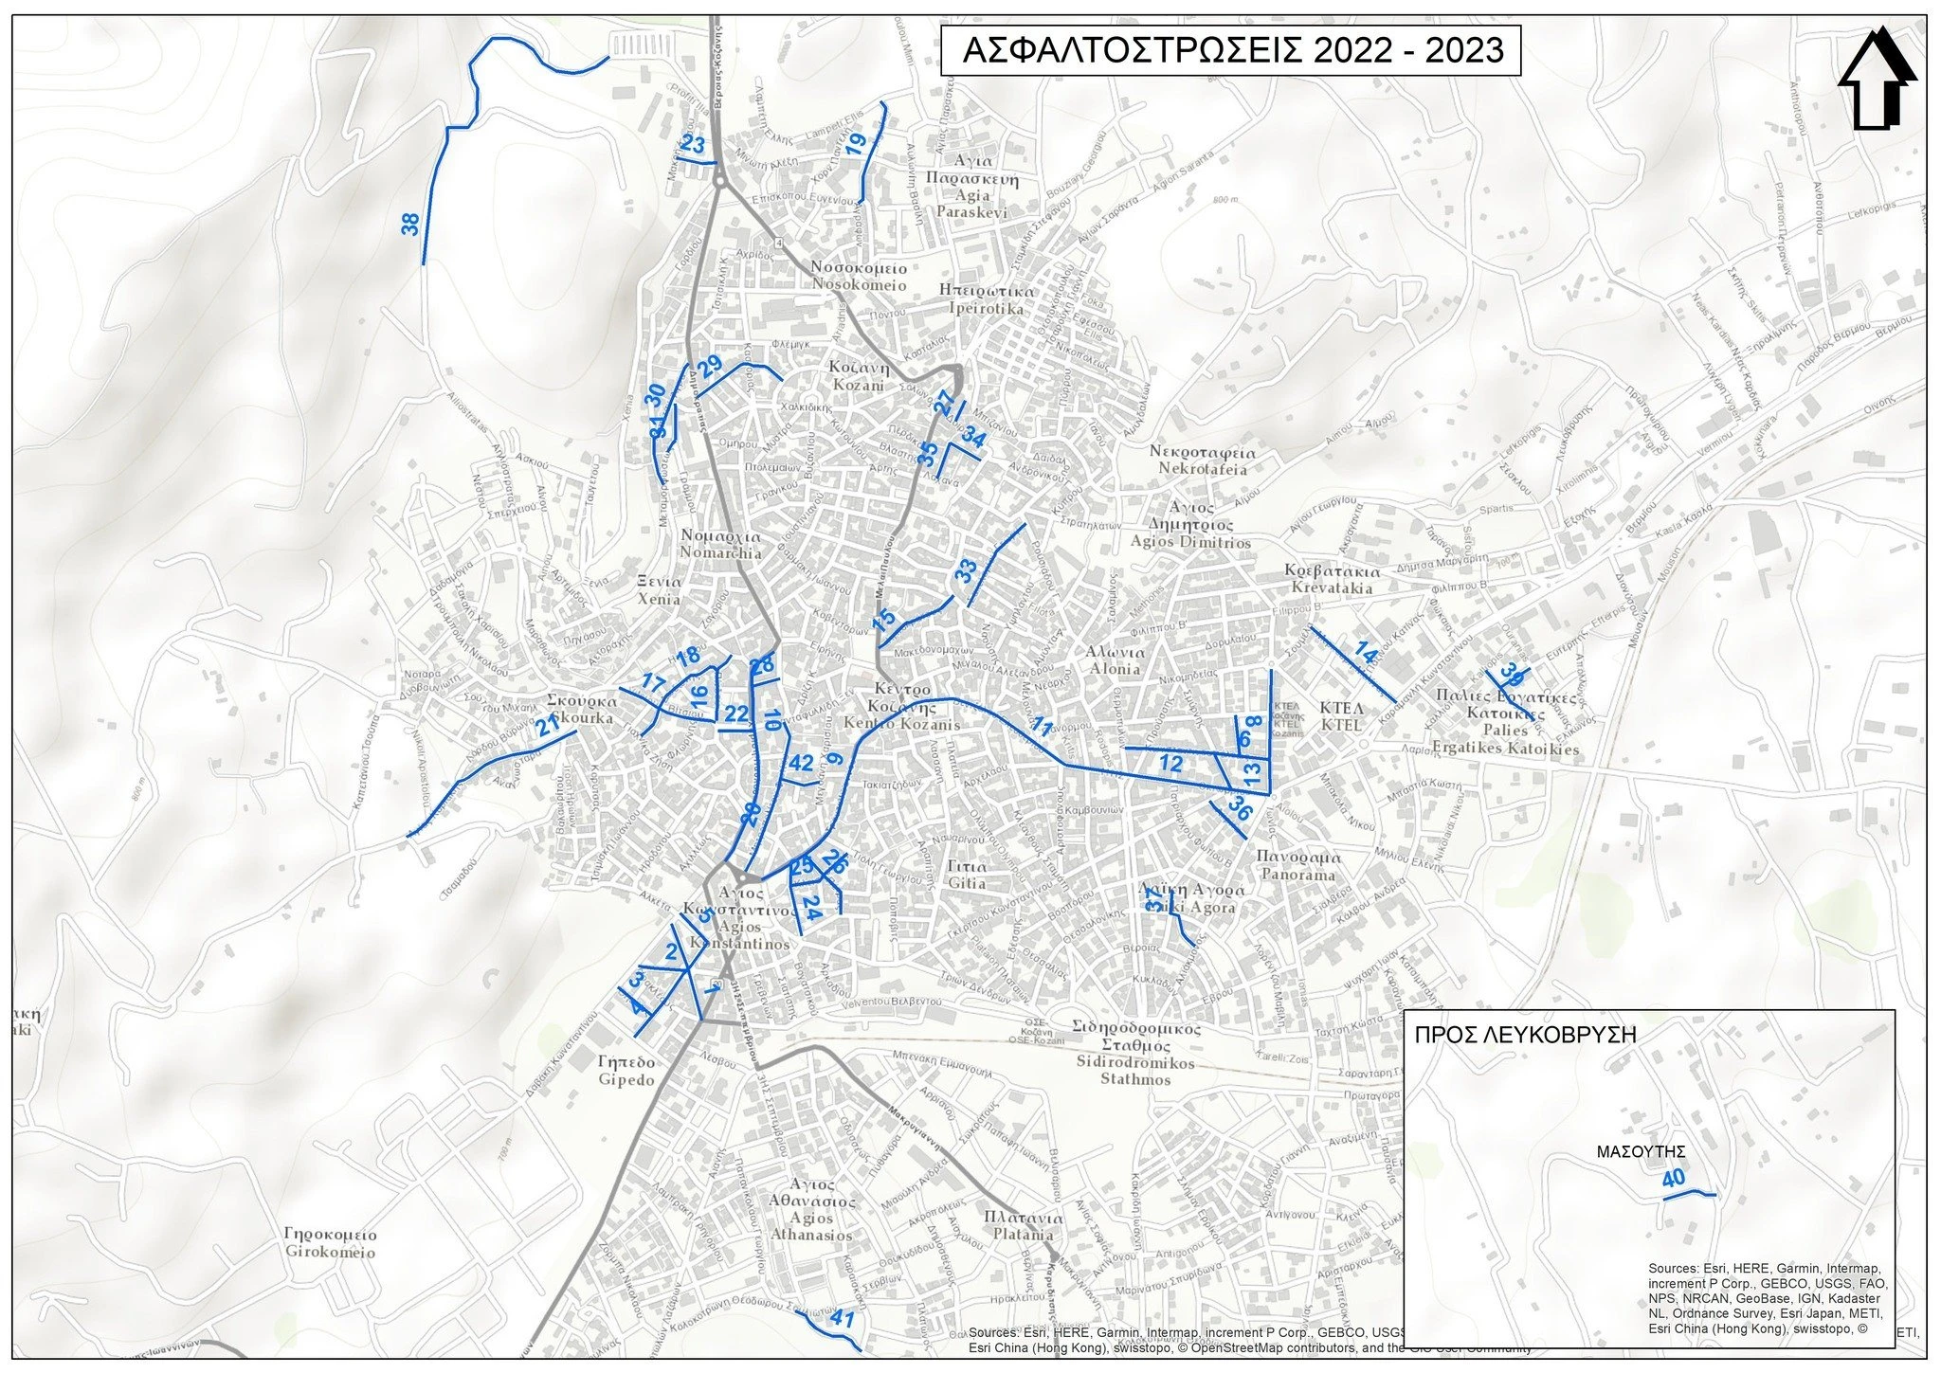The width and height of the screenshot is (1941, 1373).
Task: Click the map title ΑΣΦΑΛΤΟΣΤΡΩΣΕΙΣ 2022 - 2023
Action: tap(1230, 50)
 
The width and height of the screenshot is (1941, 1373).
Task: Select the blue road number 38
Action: tap(410, 225)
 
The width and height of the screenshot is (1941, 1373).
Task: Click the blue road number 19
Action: tap(856, 145)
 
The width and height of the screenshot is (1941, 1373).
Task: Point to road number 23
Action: tap(693, 146)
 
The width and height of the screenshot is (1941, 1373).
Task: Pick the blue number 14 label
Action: tap(1365, 653)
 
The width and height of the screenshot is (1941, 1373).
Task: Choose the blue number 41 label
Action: tap(842, 1318)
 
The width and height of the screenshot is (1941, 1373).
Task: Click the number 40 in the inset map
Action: tap(1673, 1179)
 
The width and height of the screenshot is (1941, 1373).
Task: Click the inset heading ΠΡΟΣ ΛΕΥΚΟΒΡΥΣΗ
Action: tap(1525, 1035)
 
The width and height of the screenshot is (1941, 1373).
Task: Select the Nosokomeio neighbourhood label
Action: tap(859, 276)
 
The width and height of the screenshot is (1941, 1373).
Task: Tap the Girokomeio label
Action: tap(330, 1243)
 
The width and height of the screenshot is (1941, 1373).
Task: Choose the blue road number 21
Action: tap(548, 728)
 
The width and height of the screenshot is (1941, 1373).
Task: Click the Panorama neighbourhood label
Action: tap(1296, 865)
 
